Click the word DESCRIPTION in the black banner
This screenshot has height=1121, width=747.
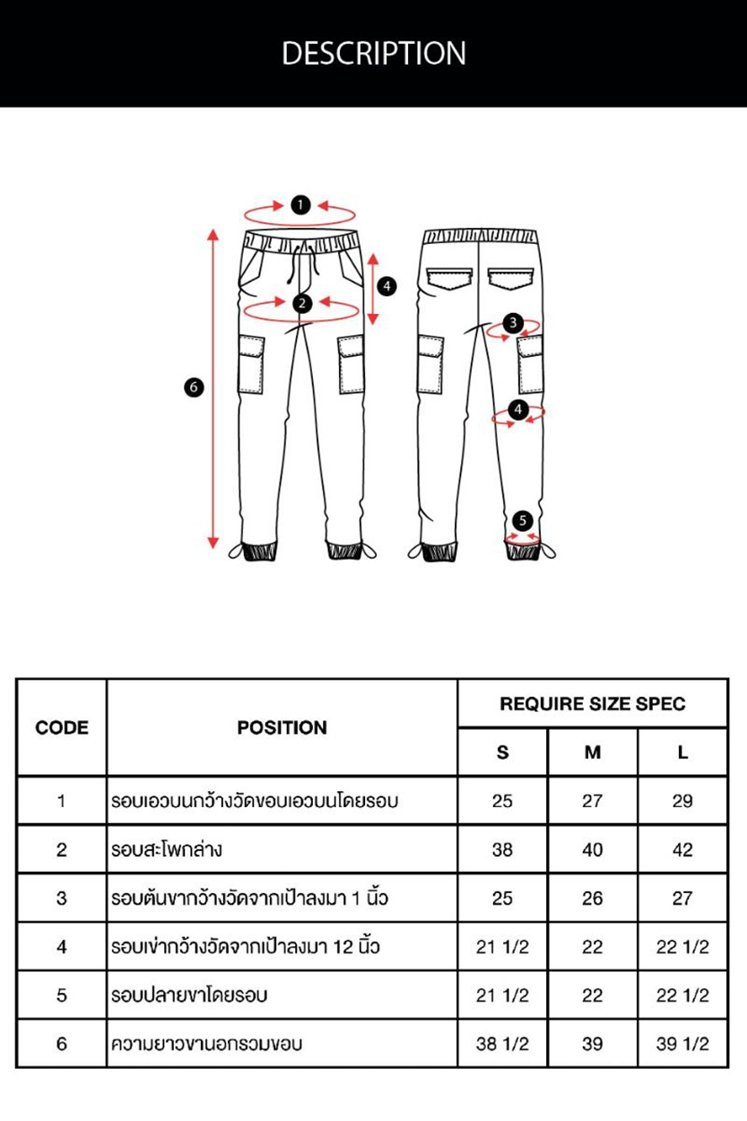tap(374, 53)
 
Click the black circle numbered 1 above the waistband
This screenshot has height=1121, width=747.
tap(300, 204)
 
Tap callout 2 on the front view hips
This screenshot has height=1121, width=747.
tap(301, 303)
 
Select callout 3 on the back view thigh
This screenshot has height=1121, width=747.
tap(513, 323)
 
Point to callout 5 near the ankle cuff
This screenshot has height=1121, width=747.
tap(522, 520)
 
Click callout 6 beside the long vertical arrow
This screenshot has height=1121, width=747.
tap(194, 387)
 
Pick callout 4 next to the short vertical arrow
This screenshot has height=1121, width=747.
tap(387, 286)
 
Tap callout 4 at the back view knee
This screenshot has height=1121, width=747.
tap(517, 410)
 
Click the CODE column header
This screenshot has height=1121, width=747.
tap(62, 727)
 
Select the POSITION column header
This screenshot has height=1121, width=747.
tap(282, 727)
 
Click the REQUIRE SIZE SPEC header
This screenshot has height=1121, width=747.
tap(593, 704)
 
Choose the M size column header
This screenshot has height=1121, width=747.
tap(593, 752)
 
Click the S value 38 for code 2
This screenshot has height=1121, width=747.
tap(502, 850)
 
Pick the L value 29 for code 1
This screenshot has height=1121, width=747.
tap(682, 801)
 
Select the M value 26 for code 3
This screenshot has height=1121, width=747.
tap(593, 899)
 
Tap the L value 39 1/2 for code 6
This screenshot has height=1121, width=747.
tap(682, 1044)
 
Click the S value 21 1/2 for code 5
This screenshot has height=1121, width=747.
tap(502, 995)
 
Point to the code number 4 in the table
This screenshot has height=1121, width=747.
tap(62, 947)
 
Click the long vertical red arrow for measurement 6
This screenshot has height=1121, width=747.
tap(213, 389)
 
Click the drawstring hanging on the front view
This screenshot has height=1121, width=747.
tap(303, 266)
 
